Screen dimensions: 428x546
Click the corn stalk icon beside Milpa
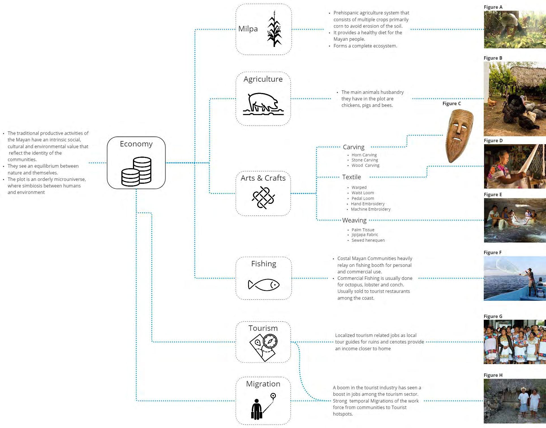(274, 29)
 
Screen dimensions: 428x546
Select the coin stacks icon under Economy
(136, 172)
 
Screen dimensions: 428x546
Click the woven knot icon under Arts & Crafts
(263, 198)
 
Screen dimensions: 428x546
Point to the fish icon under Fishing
(264, 285)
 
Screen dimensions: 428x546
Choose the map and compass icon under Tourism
(263, 347)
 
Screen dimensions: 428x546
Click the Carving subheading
(354, 147)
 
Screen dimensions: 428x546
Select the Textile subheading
(351, 177)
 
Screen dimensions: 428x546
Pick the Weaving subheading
(354, 220)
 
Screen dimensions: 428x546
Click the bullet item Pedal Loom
(363, 198)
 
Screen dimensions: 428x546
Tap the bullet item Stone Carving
(365, 160)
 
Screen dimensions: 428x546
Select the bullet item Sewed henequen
(368, 240)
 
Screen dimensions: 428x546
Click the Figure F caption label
(493, 252)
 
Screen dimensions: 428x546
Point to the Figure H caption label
(493, 375)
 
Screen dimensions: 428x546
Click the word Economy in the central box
(136, 144)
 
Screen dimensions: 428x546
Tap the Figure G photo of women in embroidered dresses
(515, 342)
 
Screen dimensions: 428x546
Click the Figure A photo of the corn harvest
(515, 29)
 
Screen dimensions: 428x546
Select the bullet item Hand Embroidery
(368, 204)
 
